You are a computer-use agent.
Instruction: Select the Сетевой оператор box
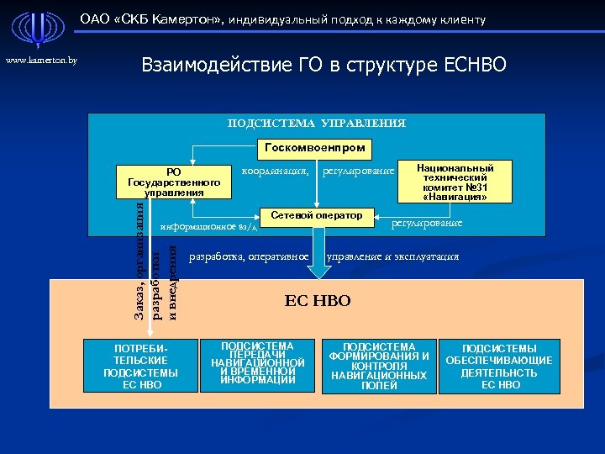316,216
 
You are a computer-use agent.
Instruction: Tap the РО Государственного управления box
174,182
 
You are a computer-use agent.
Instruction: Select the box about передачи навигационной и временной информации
257,364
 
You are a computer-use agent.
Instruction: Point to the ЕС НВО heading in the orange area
318,300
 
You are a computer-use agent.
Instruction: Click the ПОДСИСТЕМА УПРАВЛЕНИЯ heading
317,124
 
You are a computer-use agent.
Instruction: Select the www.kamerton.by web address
42,61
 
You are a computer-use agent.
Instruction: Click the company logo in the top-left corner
34,29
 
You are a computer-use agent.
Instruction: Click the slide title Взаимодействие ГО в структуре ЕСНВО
324,64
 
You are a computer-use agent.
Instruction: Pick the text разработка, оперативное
250,256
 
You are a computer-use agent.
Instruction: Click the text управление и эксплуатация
392,256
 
